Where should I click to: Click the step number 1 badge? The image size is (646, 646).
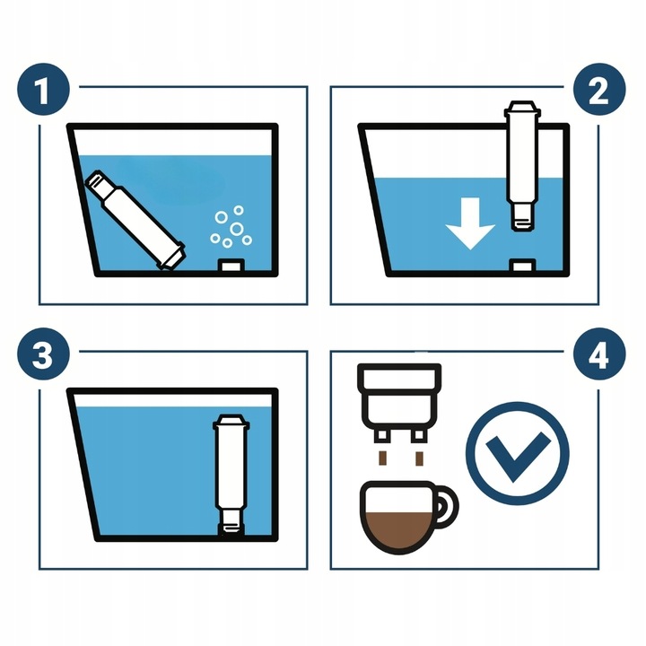[41, 91]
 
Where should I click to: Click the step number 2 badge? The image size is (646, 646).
[599, 91]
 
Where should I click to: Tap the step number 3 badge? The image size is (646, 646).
[41, 355]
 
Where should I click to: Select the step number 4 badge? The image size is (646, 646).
[599, 355]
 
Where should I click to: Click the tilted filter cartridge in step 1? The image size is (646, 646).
[135, 221]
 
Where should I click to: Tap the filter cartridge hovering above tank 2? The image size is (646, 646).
[520, 161]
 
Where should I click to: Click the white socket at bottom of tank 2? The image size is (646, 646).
[521, 266]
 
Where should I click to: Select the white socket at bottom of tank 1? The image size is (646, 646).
[231, 266]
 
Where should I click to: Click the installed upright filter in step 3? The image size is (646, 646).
[231, 471]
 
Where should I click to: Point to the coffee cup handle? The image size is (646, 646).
[446, 507]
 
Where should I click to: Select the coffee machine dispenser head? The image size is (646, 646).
[399, 395]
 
